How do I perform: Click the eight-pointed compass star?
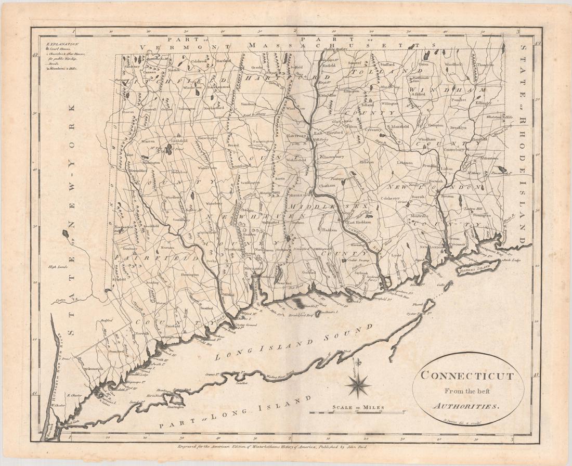click(357, 384)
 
